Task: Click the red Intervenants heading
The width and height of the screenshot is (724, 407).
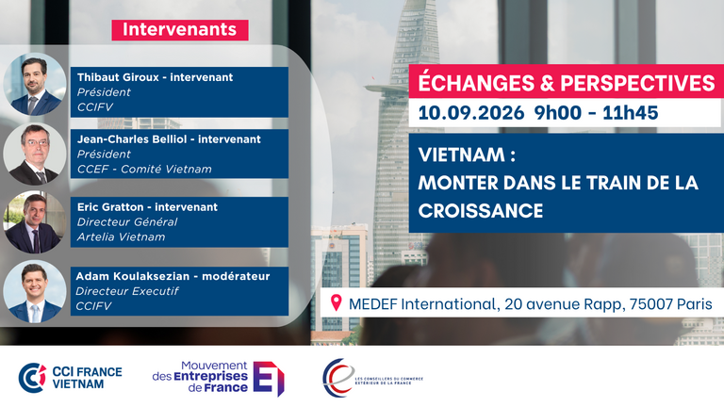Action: pos(180,30)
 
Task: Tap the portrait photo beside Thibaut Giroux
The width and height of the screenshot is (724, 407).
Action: pos(35,85)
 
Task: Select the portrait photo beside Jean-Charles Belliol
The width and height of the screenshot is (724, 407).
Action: pos(35,154)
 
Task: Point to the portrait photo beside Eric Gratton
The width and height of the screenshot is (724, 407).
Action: pos(35,222)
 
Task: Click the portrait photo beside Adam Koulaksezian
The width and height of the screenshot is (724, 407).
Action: pos(35,292)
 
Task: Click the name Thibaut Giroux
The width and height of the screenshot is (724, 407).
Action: pos(118,77)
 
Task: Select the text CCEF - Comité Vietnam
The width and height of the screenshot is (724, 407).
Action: pos(144,170)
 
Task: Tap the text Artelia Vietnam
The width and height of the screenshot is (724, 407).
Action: pos(121,237)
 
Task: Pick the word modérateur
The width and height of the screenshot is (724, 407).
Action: pos(236,276)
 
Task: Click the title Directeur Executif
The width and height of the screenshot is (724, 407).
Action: pos(127,291)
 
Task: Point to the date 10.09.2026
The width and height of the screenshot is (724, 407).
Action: pos(471,113)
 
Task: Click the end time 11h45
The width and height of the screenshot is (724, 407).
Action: pos(631,113)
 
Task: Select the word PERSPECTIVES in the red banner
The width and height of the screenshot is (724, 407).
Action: pos(637,84)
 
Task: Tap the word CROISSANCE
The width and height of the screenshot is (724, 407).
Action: pos(481,211)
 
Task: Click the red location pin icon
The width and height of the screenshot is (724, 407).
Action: pos(337,303)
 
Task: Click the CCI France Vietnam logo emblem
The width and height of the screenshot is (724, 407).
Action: pos(32,378)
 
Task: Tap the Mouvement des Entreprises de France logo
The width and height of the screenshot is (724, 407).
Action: pos(219,378)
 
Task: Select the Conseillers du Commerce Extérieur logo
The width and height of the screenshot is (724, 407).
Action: pos(372,378)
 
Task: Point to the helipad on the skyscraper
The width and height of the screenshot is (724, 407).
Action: pos(385,88)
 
